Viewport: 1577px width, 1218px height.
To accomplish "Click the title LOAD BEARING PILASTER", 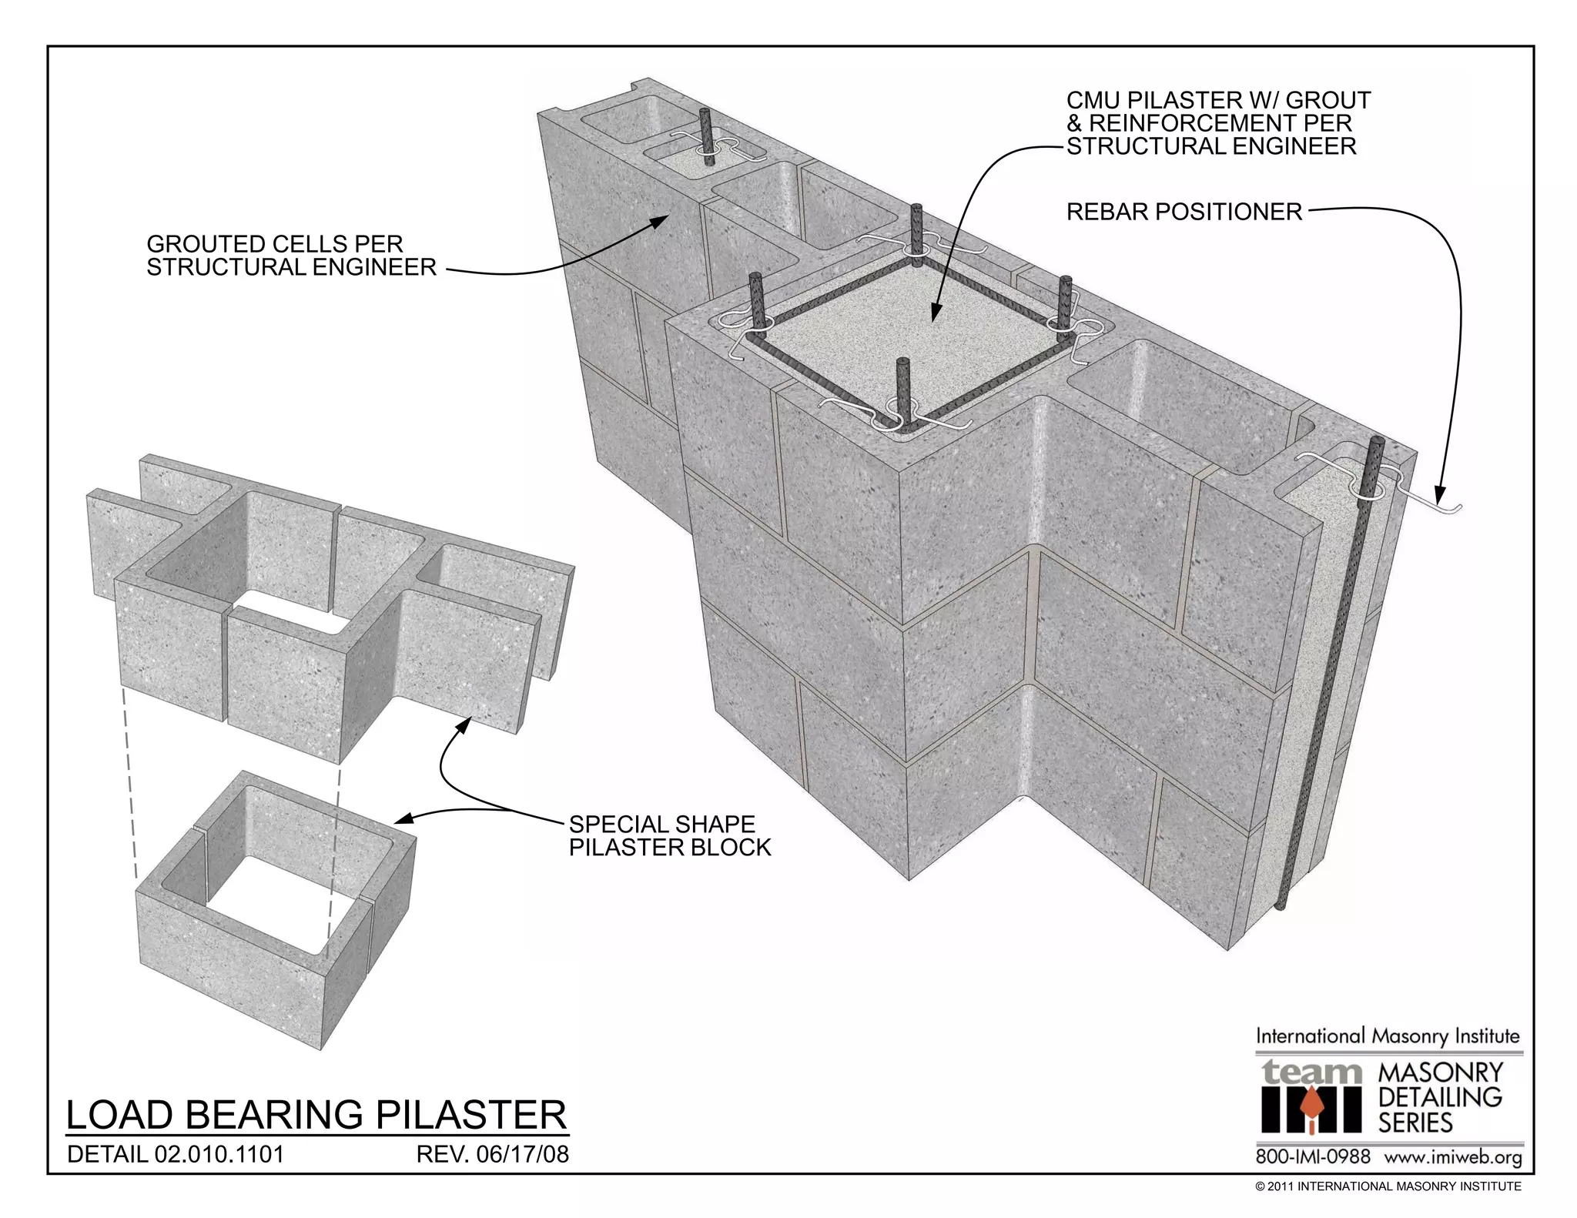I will pos(316,1115).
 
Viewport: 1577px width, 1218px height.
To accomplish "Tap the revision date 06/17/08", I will pos(493,1155).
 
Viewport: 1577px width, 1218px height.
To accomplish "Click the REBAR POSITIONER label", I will pos(1184,212).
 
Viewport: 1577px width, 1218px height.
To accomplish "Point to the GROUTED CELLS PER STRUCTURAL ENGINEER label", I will pos(291,256).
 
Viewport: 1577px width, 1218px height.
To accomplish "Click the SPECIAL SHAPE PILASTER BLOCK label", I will pos(669,836).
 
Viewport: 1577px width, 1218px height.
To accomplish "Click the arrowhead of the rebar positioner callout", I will pos(1438,490).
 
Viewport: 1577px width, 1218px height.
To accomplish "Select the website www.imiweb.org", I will pos(1452,1157).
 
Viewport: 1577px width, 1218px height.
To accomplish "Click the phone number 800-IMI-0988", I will pos(1312,1157).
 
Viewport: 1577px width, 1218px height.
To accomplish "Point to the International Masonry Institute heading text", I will pos(1388,1036).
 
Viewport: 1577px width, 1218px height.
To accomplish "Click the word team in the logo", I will pos(1310,1072).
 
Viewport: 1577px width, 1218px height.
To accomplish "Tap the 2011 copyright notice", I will pos(1388,1186).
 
